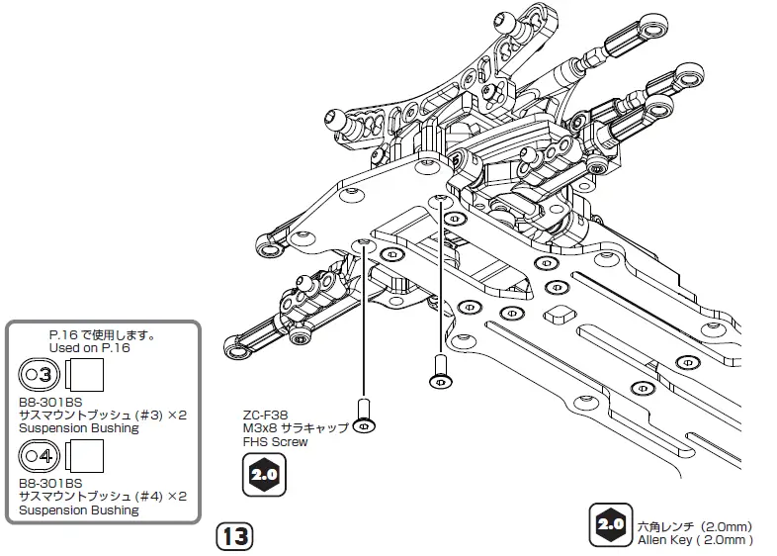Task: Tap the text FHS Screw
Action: (275, 442)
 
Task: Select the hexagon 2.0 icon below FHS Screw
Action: (263, 475)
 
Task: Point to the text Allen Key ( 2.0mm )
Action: (695, 540)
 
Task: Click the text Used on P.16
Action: (90, 348)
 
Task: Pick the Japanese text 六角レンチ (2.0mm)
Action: (695, 526)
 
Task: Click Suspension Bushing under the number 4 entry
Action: (79, 510)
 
